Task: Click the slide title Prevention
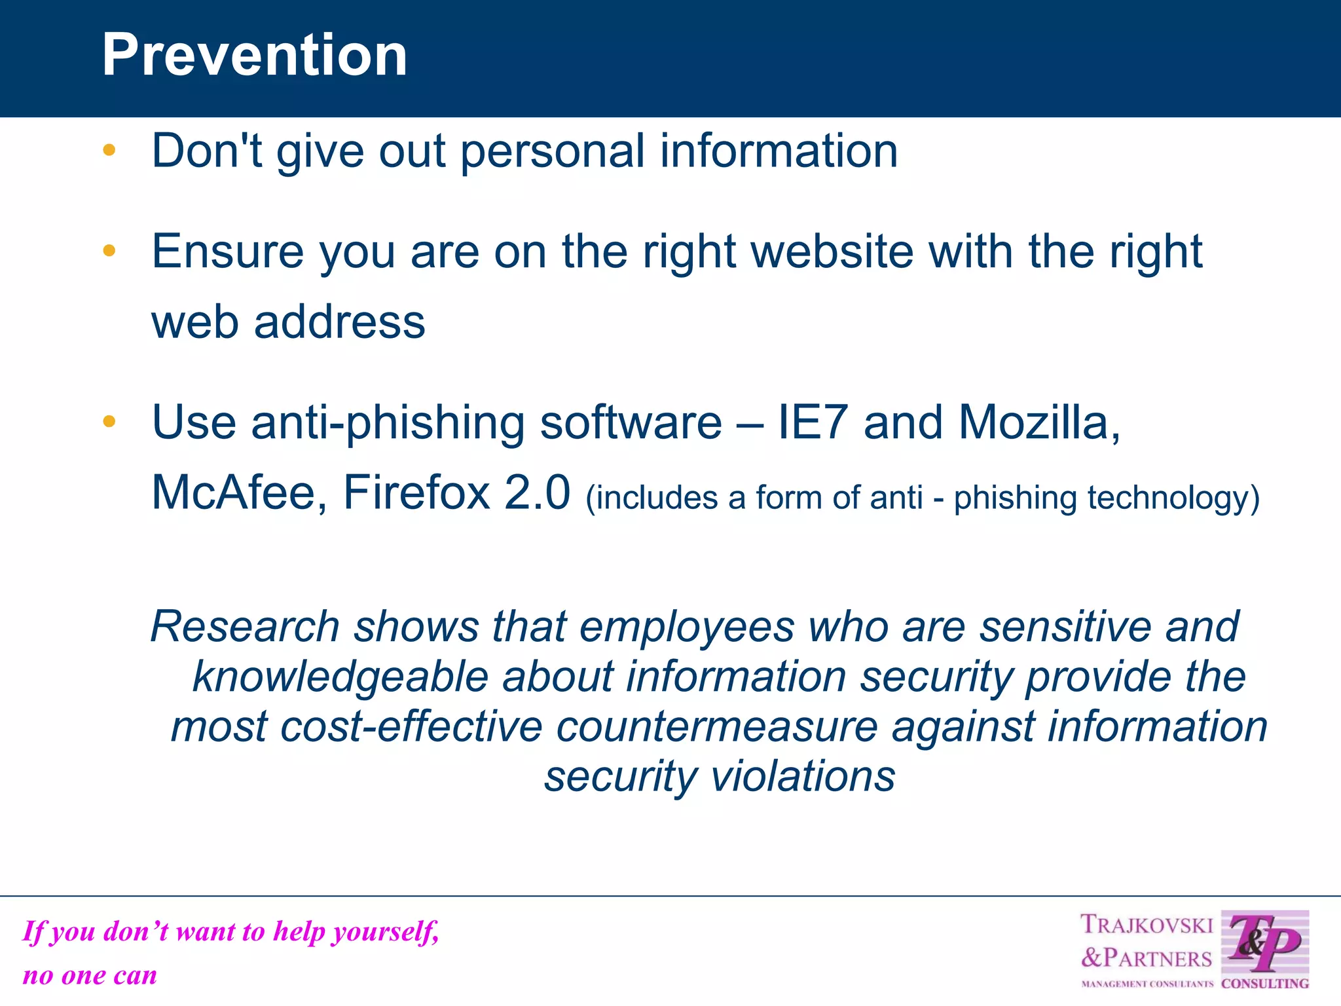click(x=254, y=55)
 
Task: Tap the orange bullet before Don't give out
click(x=109, y=151)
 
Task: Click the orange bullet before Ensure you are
click(x=109, y=250)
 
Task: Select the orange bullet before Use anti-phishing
click(x=109, y=421)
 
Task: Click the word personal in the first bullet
click(x=553, y=152)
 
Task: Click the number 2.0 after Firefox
click(x=537, y=493)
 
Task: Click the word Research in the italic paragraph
click(x=245, y=627)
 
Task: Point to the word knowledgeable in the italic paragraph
click(x=340, y=677)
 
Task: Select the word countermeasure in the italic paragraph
click(x=716, y=727)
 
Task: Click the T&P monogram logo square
click(x=1264, y=944)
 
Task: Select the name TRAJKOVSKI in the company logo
click(x=1147, y=925)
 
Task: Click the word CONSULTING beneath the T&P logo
click(x=1265, y=984)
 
